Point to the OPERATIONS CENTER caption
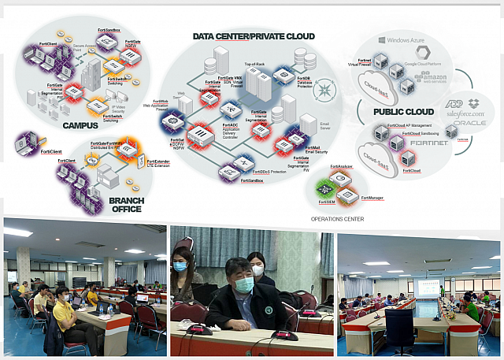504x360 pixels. tap(337, 219)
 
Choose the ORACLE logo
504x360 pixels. tap(469, 124)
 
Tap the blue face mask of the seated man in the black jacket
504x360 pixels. tap(244, 286)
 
